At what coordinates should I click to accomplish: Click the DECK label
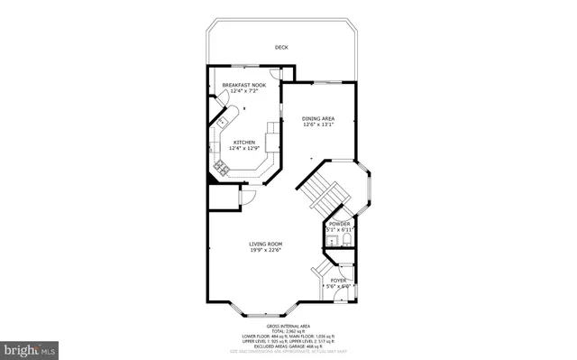tap(282, 48)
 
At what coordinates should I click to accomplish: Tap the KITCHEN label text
tap(244, 142)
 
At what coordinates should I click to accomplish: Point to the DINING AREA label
tap(318, 118)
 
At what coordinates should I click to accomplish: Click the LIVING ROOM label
tap(266, 244)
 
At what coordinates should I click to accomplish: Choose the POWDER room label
tap(339, 223)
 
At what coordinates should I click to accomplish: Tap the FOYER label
tap(338, 281)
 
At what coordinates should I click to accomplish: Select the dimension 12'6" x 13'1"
tap(318, 125)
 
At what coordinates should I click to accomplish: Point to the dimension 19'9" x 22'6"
tap(266, 250)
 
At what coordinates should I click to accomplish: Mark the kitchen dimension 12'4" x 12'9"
tap(244, 148)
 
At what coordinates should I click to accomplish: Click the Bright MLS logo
tap(29, 347)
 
